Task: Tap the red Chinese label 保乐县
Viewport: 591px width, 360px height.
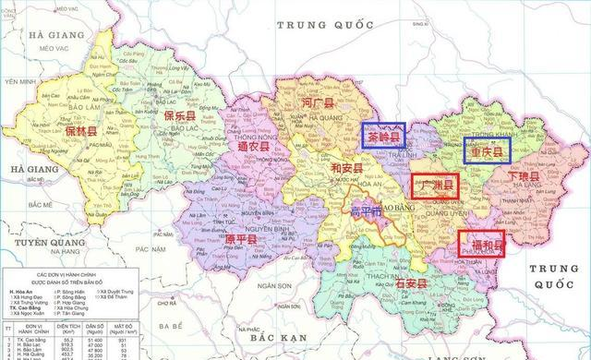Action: coord(179,116)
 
